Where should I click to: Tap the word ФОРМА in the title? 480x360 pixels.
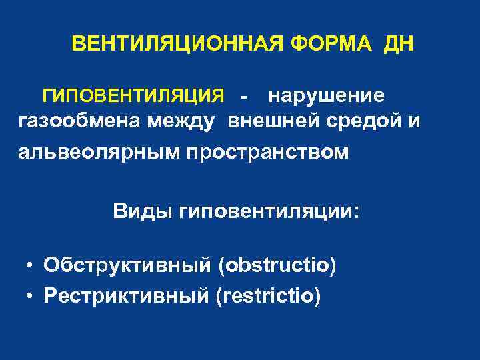pos(331,45)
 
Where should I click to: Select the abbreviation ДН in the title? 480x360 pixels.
pos(398,45)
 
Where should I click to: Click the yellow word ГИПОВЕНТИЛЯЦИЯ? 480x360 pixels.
pos(133,96)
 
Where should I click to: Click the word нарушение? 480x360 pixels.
pos(326,96)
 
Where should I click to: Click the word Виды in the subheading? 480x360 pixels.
pos(141,211)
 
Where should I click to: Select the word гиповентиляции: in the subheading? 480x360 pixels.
pos(267,211)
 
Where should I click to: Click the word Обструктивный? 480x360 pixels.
pos(127,266)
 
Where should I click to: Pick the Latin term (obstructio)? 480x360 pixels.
pos(277,266)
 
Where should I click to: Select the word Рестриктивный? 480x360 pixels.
pos(126,295)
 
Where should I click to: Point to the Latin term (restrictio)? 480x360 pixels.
pos(268,295)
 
